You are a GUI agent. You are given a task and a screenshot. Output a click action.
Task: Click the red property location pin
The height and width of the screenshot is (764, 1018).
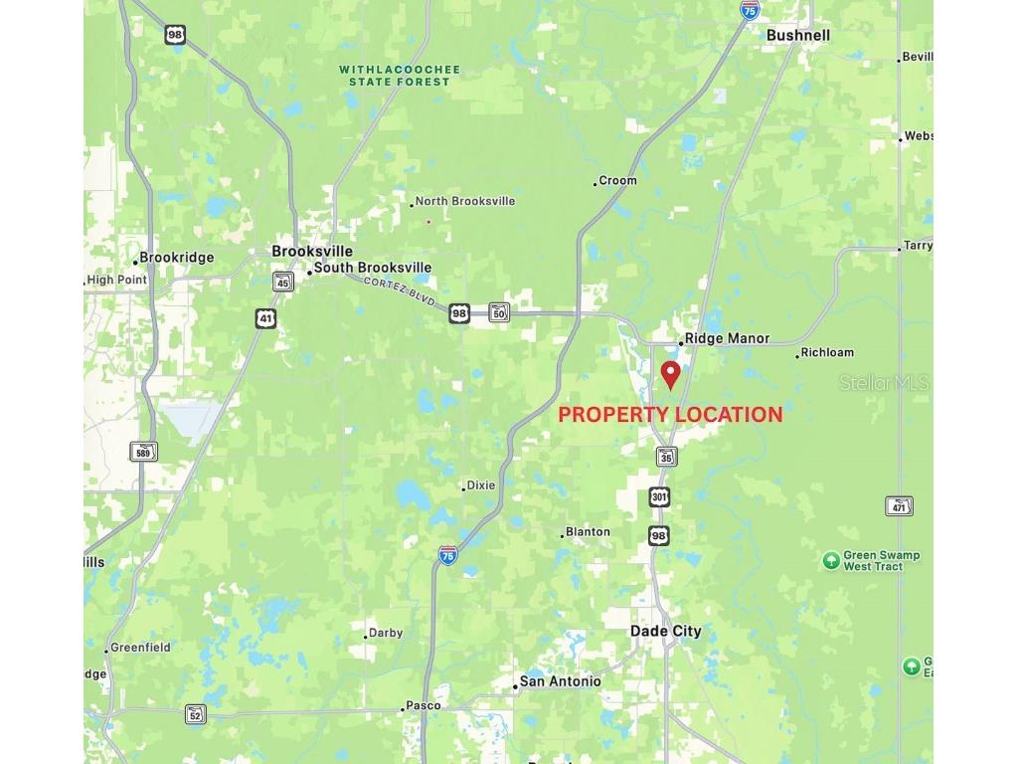click(x=671, y=374)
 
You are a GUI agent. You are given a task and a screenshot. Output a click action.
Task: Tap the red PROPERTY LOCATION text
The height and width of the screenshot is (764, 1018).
click(x=670, y=415)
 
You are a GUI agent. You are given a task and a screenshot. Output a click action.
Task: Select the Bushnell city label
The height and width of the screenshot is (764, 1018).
click(x=797, y=35)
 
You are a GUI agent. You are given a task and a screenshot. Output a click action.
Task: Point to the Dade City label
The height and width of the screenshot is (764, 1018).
click(x=665, y=631)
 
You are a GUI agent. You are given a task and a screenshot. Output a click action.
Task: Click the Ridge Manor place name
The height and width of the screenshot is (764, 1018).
click(x=727, y=338)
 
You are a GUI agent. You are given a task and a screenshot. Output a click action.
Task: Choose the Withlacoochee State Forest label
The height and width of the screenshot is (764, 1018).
click(x=400, y=76)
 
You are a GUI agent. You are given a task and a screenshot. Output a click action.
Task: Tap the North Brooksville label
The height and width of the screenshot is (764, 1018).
click(x=464, y=201)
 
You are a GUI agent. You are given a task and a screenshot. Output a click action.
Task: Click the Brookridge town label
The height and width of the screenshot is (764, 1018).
click(x=176, y=258)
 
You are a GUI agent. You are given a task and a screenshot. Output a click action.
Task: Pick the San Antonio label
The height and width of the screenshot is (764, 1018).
click(x=560, y=681)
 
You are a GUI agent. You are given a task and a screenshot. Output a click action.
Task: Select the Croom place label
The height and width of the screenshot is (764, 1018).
click(x=617, y=181)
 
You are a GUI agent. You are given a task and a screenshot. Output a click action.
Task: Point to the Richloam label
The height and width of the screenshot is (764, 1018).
click(x=826, y=352)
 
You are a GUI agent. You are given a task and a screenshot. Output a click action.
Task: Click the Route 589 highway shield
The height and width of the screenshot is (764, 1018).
click(x=144, y=452)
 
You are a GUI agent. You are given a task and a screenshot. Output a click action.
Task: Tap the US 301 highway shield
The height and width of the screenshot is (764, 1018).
click(x=660, y=496)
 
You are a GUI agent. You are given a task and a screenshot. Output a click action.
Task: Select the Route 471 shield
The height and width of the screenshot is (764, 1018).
click(x=899, y=506)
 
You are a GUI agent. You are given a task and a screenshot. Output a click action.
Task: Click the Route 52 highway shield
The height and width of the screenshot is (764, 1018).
click(x=196, y=714)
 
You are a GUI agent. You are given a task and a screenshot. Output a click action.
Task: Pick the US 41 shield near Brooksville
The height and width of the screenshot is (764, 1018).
click(x=265, y=318)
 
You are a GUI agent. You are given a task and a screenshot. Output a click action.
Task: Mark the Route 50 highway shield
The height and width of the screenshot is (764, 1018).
click(x=499, y=312)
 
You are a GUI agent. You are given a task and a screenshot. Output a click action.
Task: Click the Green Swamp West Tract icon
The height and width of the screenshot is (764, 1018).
click(x=831, y=561)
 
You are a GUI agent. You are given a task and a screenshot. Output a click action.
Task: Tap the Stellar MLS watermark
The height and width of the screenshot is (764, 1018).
click(x=884, y=382)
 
